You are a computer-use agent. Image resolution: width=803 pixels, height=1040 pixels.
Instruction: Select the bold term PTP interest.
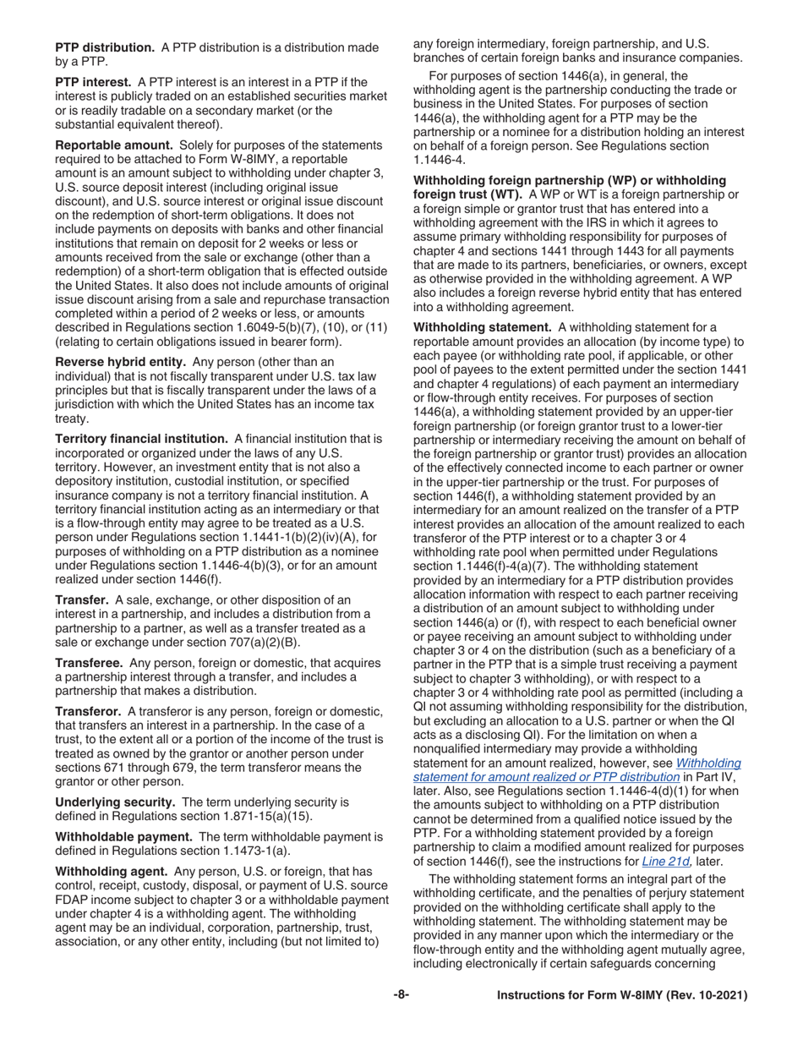[93, 82]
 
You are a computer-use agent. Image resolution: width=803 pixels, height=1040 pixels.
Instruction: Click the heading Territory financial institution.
[141, 439]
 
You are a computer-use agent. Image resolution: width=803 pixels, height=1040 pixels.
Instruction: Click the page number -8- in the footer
[401, 996]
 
